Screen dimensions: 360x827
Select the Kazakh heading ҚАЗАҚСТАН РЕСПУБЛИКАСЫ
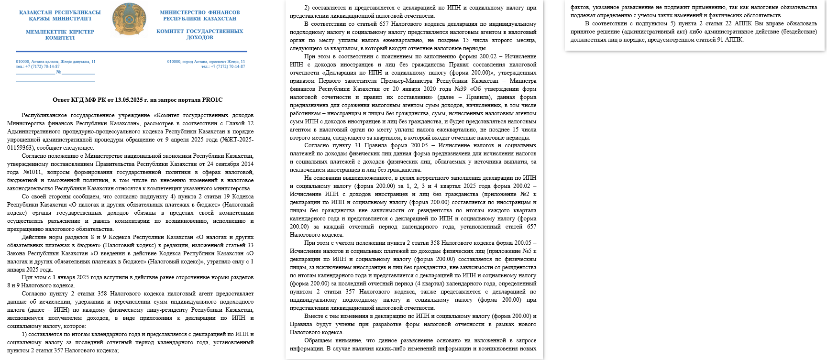60,12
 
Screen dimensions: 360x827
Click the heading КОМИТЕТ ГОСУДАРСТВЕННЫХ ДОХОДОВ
200,34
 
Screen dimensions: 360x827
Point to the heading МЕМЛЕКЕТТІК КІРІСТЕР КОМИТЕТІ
60,34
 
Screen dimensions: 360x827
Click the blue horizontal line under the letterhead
132,51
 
